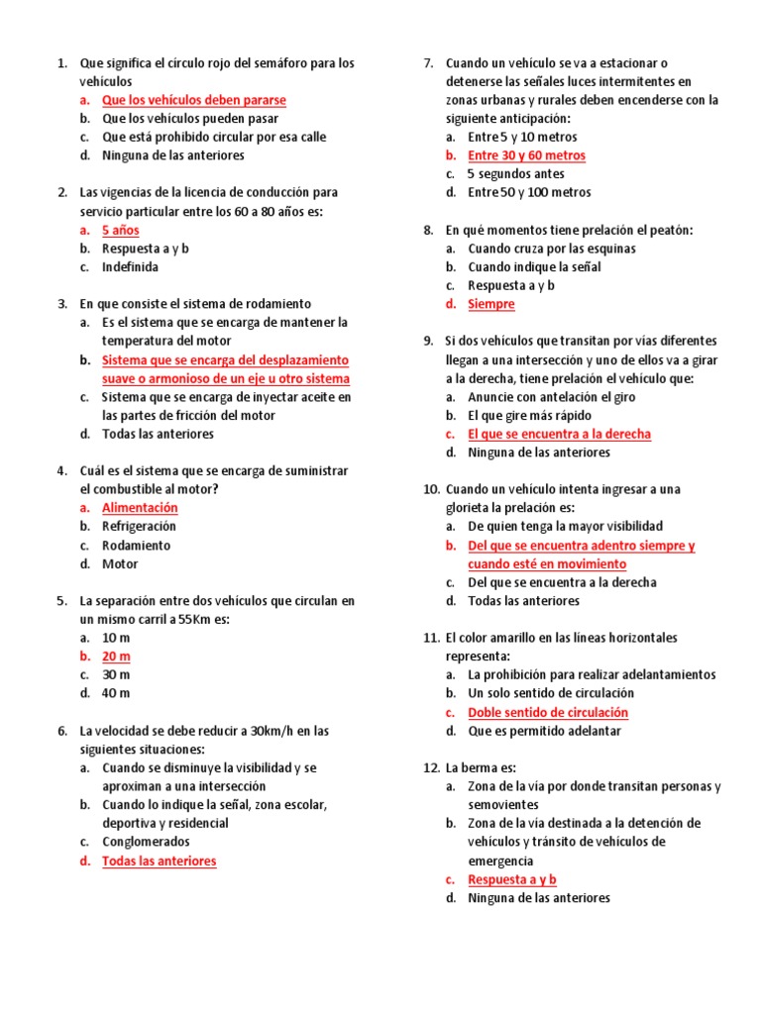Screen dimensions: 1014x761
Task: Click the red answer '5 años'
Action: coord(120,230)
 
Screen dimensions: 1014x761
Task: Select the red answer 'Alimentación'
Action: coord(140,508)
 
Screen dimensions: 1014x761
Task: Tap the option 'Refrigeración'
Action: coord(140,527)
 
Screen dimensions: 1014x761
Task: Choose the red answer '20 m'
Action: coord(116,657)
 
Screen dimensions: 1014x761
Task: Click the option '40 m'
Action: coord(116,693)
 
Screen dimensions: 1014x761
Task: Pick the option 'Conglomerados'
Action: coord(146,842)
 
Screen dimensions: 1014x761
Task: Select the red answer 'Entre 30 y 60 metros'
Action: coord(526,155)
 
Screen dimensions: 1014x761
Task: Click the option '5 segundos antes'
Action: coord(515,174)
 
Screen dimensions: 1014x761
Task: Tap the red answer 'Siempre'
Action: coord(491,304)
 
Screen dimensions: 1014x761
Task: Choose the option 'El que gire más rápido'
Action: coord(531,416)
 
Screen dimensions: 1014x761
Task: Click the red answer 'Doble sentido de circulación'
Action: coord(548,713)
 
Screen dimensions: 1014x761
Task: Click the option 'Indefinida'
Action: coord(130,267)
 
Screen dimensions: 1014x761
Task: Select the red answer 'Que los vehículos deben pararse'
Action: coord(193,100)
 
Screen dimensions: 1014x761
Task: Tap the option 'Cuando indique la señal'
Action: coord(534,267)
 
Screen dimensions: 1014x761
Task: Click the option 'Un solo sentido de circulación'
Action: coord(551,693)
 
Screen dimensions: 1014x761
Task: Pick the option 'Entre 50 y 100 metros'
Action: coord(529,192)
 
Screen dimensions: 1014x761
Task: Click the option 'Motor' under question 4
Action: coord(120,564)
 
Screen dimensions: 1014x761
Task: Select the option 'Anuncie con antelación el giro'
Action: coord(552,397)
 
